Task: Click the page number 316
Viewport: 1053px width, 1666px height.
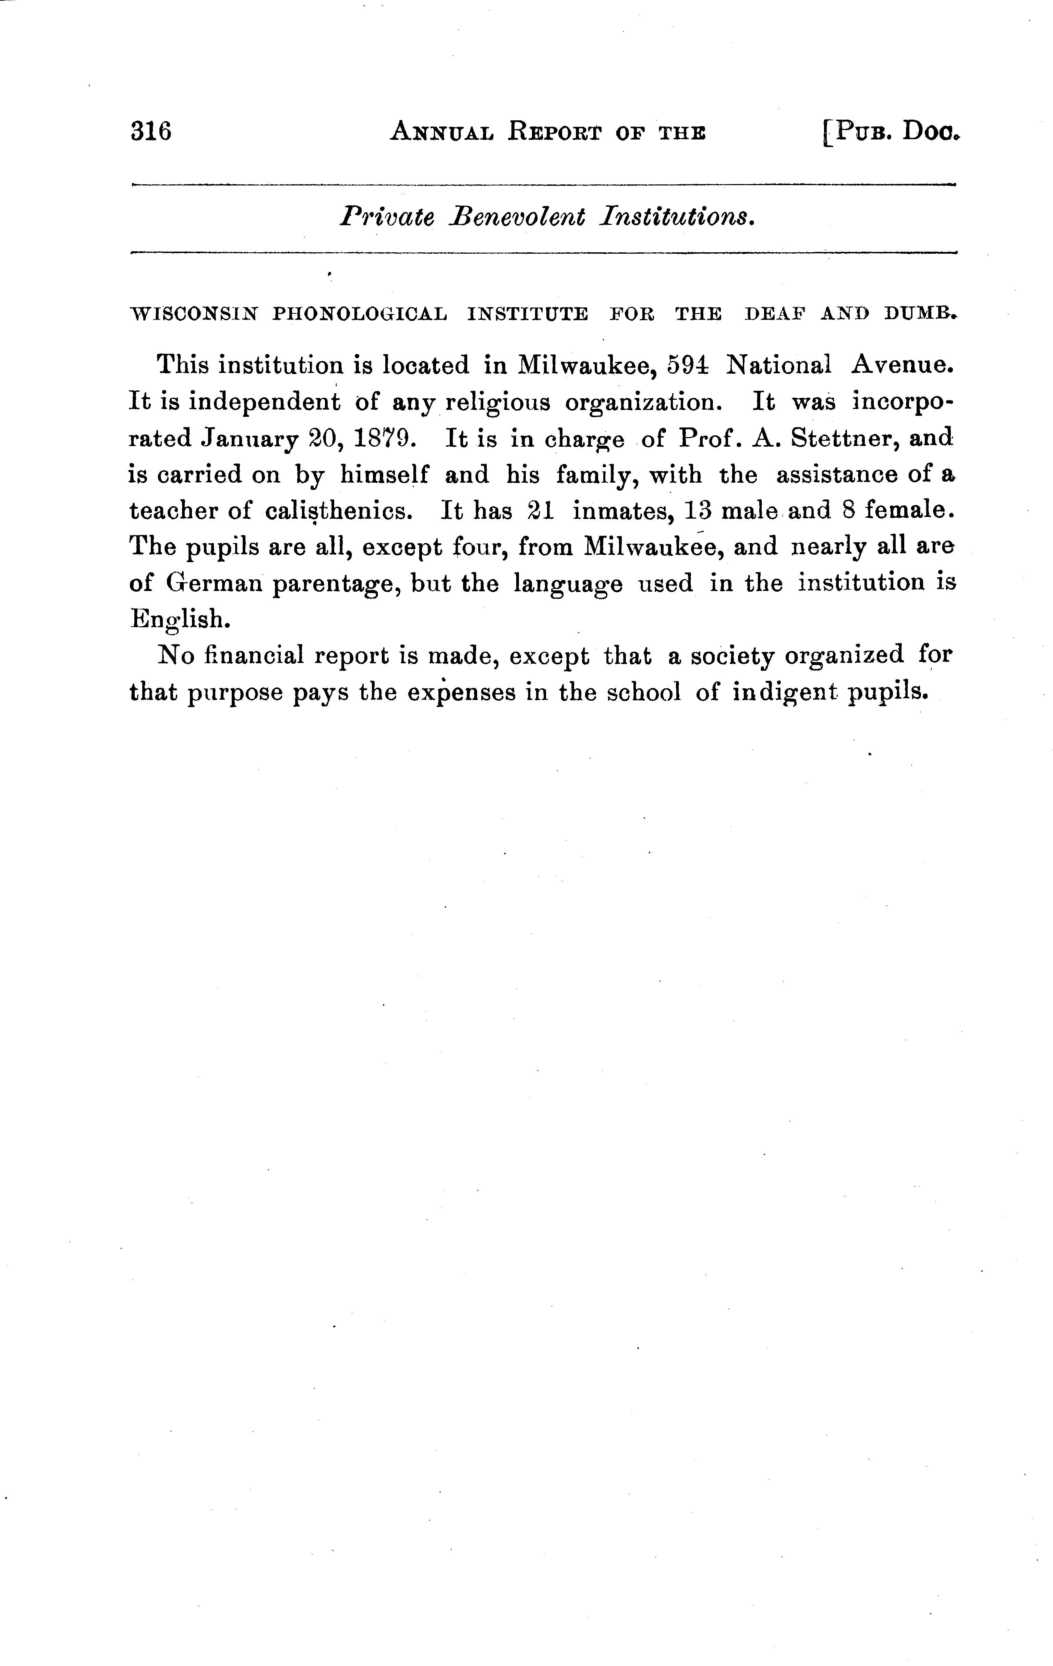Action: click(151, 131)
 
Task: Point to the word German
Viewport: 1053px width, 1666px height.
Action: click(215, 583)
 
